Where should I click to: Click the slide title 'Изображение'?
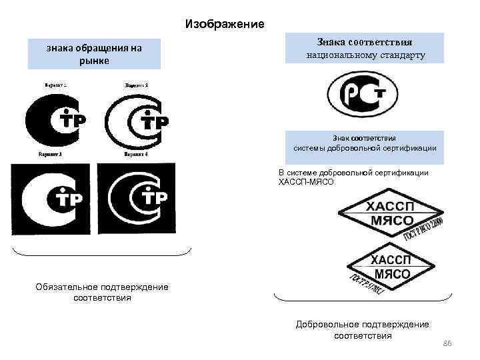[x=225, y=24]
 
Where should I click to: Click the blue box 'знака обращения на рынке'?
[x=94, y=54]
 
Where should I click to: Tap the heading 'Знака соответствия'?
[x=364, y=41]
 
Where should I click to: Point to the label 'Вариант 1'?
[x=59, y=85]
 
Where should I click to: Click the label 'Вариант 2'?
[x=136, y=85]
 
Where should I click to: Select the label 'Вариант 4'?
[x=136, y=154]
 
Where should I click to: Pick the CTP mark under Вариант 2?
[x=137, y=121]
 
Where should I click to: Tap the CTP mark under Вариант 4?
[x=137, y=198]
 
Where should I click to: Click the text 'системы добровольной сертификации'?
[x=365, y=147]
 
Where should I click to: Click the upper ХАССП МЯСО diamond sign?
[x=392, y=215]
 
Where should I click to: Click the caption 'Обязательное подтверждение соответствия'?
[x=102, y=292]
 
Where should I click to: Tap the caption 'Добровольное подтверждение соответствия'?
[x=363, y=329]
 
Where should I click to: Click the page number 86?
[x=447, y=343]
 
